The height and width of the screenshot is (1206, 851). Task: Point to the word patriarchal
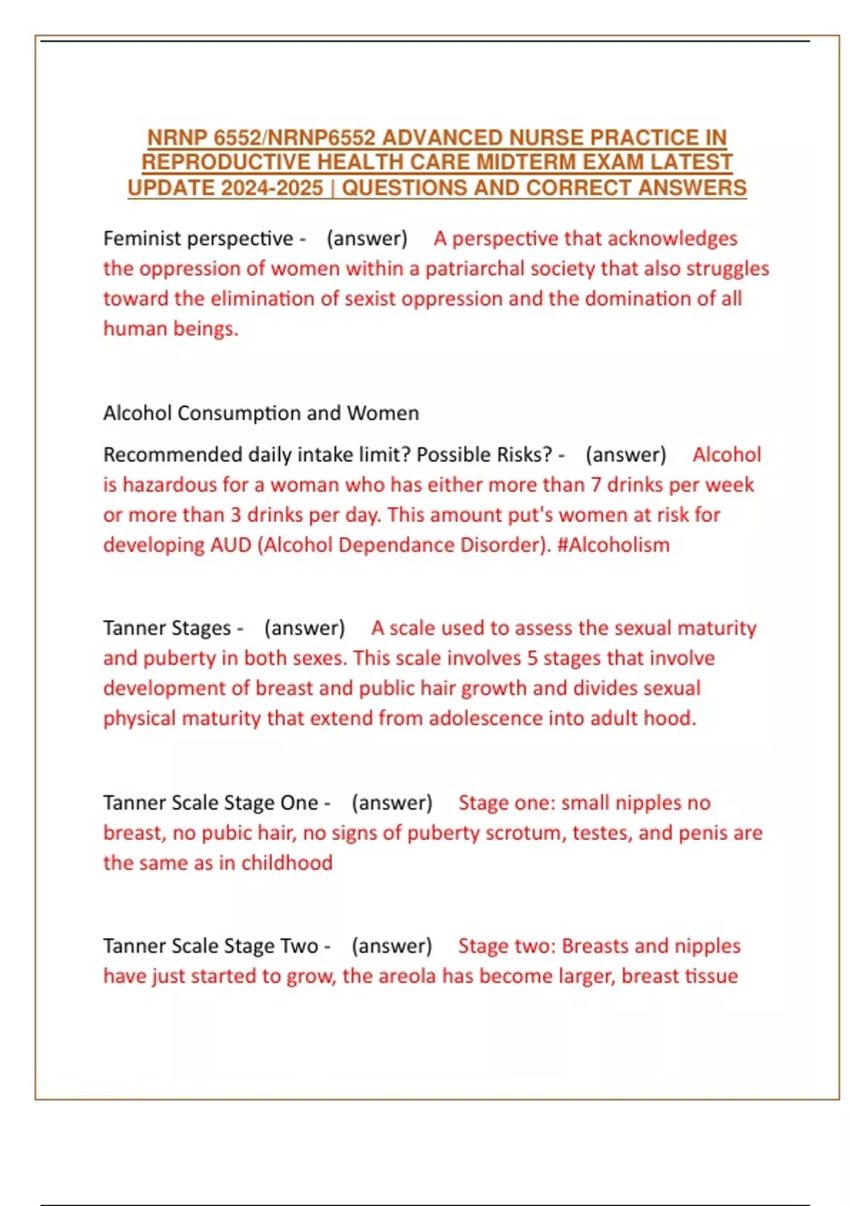[x=473, y=269]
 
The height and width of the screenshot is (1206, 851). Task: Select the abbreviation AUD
[x=231, y=545]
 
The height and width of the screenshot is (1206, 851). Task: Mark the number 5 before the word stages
[x=532, y=658]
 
